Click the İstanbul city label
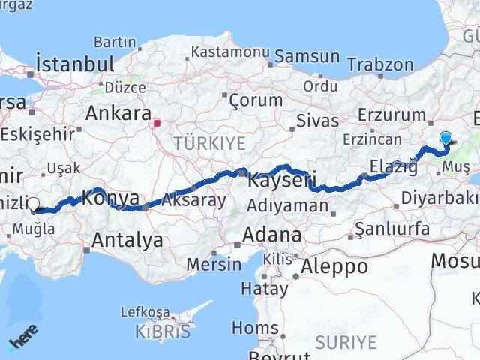[75, 63]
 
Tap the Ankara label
[118, 113]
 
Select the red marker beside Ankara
[157, 122]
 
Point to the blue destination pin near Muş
[445, 139]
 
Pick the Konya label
[110, 199]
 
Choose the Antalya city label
[127, 240]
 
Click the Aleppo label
[334, 265]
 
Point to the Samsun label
[307, 56]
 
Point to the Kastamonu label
[229, 52]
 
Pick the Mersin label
[214, 264]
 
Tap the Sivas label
[313, 121]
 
